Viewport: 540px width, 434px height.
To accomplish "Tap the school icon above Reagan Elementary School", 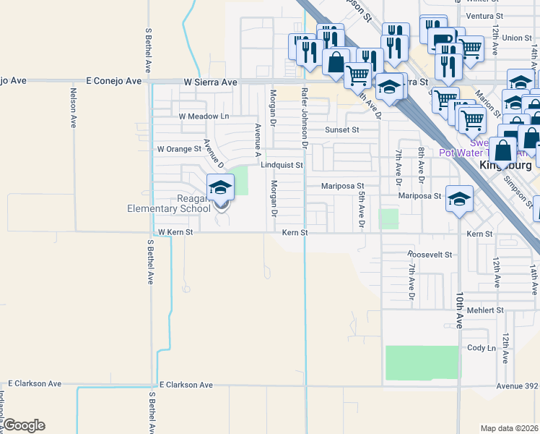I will (x=221, y=188).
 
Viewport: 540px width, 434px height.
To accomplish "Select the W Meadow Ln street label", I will (x=204, y=116).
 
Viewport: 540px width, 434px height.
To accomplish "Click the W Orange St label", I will (x=179, y=149).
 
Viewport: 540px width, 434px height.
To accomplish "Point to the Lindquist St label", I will (x=282, y=165).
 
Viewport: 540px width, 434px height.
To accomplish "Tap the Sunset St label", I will (x=341, y=129).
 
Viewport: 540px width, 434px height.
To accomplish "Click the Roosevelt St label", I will (x=429, y=255).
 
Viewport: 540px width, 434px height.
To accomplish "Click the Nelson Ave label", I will (x=74, y=107).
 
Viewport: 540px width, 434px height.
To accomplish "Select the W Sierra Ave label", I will (x=209, y=82).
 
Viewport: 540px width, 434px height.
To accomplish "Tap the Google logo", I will (x=24, y=425).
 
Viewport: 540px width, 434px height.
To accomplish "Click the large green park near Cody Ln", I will (x=422, y=362).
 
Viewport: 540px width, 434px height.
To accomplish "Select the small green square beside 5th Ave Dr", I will (x=389, y=219).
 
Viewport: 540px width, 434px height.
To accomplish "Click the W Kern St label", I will (x=176, y=233).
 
